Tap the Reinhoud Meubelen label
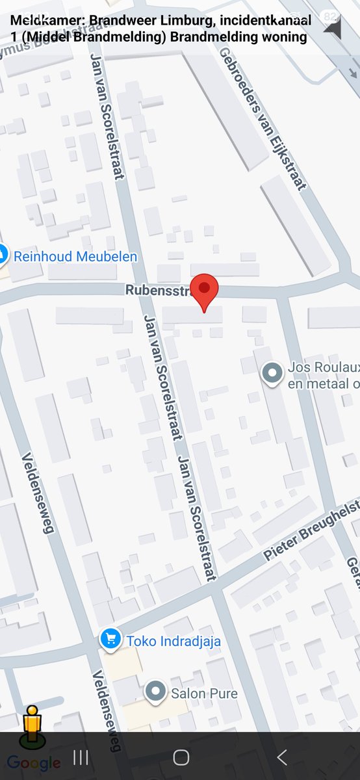75,257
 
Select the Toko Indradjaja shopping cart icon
110,640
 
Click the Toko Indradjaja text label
174,641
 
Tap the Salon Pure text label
204,694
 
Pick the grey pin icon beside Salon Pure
155,692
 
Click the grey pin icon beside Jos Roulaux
271,373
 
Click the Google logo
34,763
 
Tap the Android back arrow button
281,757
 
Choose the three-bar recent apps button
81,757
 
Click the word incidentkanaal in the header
266,21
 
